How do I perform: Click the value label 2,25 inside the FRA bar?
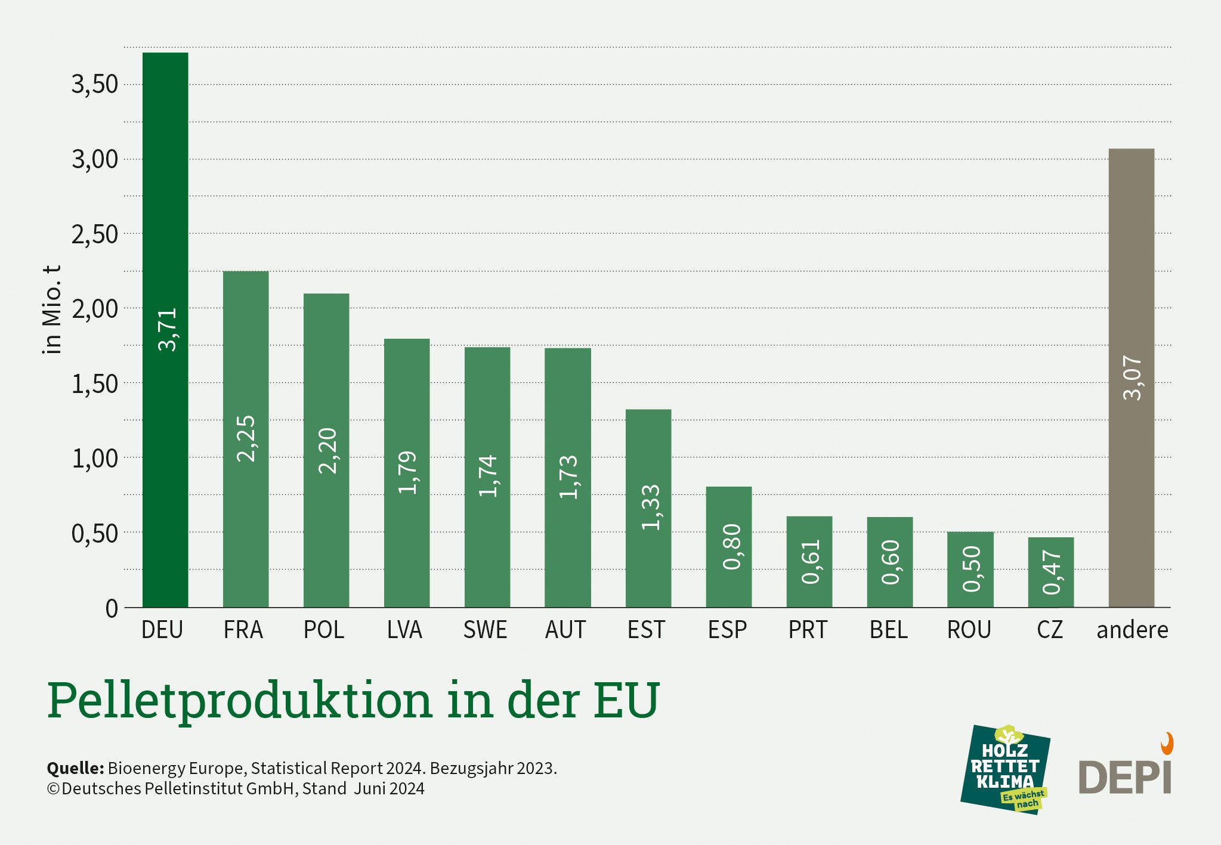point(246,438)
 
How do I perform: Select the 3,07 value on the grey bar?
point(1132,377)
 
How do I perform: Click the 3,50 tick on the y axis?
point(95,84)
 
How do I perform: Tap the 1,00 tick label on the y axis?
point(95,459)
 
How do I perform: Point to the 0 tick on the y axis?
point(112,609)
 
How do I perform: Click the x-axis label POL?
point(324,630)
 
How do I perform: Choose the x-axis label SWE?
point(485,630)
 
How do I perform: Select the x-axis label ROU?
point(969,630)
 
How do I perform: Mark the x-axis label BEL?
point(888,630)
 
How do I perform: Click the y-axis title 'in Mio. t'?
point(52,309)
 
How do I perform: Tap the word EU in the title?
point(626,699)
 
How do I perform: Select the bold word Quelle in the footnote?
point(75,768)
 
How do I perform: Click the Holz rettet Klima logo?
point(1005,769)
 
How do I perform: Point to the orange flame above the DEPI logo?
point(1167,744)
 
